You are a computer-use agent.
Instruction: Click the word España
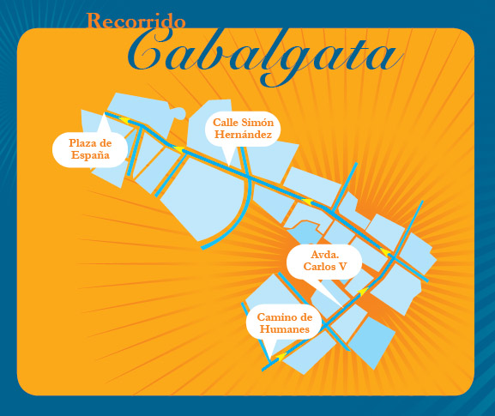89,155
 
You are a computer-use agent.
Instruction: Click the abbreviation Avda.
324,255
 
